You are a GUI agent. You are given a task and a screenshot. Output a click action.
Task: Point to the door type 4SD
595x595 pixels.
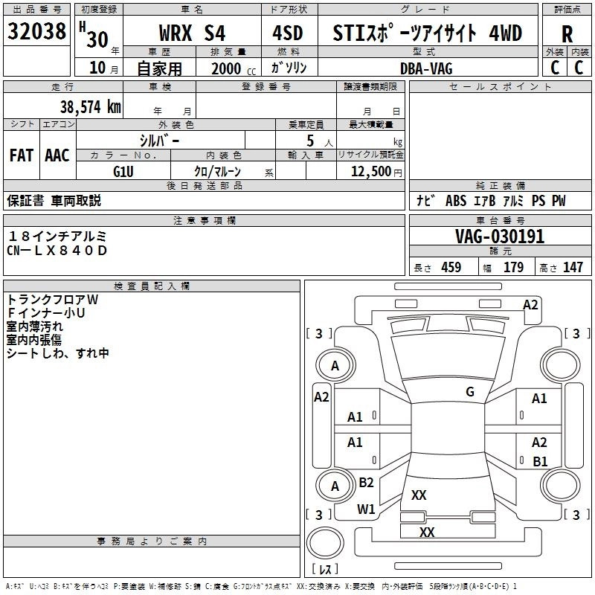pos(286,33)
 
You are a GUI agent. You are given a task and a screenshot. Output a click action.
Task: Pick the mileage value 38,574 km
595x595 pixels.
pos(90,107)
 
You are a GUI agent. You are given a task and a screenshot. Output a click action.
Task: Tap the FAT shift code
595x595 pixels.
pos(22,155)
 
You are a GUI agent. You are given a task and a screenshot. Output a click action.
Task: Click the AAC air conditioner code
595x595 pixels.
pos(57,155)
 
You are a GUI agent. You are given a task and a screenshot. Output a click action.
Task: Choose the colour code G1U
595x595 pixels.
pos(123,171)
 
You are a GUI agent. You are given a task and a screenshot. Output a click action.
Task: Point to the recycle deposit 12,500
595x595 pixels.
pos(370,171)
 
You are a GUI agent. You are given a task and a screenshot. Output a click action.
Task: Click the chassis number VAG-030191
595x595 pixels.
pos(500,237)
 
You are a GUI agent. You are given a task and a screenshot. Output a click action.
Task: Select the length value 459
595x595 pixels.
pos(450,268)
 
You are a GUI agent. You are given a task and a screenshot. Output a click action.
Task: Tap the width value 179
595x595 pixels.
pos(513,268)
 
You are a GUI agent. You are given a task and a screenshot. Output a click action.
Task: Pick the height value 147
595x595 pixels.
pos(573,268)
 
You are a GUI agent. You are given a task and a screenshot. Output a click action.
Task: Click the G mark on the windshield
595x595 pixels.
pos(470,392)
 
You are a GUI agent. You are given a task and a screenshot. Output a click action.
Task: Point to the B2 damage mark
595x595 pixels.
pos(366,483)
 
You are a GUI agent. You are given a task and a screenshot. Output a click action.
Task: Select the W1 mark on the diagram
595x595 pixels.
pos(366,509)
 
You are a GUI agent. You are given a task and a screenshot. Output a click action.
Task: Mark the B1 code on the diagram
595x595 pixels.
pos(540,461)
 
